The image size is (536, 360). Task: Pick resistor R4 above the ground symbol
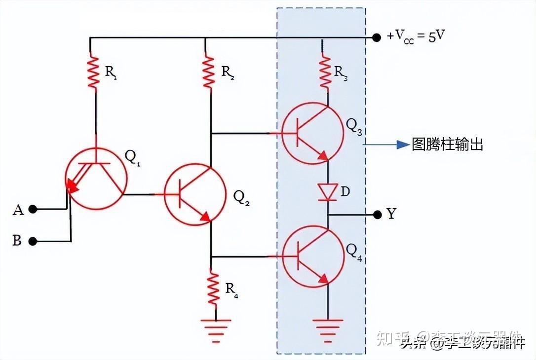[x=213, y=289]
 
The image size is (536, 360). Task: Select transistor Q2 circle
[x=195, y=195]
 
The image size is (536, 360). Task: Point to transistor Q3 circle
[x=312, y=133]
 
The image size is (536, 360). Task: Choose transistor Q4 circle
[x=312, y=256]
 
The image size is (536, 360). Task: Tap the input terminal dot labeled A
[x=33, y=209]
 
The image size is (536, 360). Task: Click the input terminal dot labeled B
[x=33, y=241]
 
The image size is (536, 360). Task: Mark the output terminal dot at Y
[x=377, y=215]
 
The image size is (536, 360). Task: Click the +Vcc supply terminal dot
[x=377, y=37]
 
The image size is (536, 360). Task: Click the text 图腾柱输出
[x=447, y=144]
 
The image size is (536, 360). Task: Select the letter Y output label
[x=391, y=215]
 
